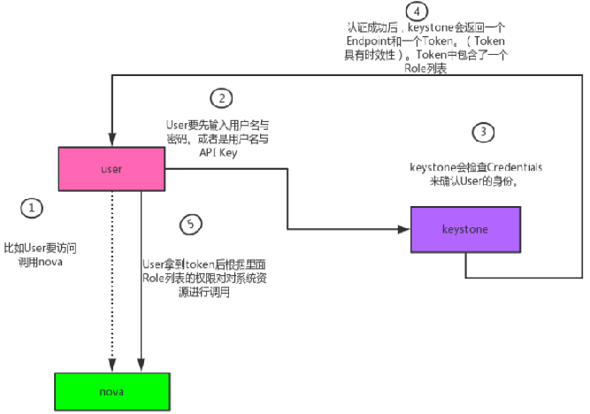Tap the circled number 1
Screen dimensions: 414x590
coord(32,209)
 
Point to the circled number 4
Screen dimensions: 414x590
coord(417,11)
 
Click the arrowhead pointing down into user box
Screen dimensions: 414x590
coord(111,141)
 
